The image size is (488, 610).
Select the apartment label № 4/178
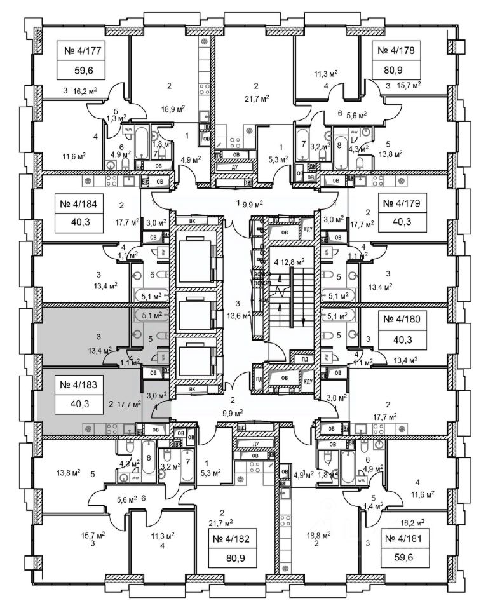click(x=401, y=50)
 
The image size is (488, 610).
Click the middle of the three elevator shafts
click(x=197, y=315)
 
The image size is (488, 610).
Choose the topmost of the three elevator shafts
click(x=197, y=259)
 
